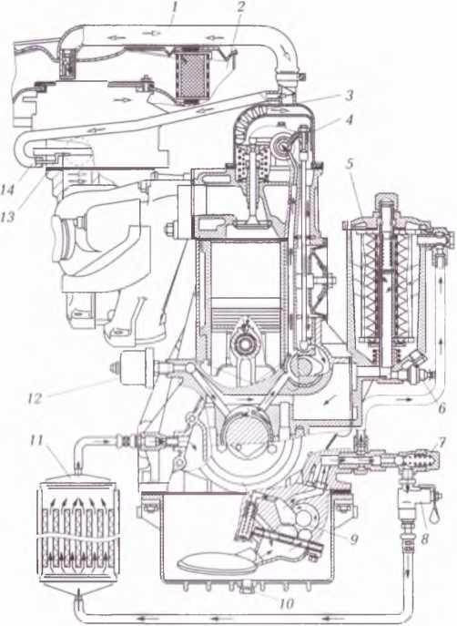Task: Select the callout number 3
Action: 350,96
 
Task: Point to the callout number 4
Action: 350,119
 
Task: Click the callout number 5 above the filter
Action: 350,165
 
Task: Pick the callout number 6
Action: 441,407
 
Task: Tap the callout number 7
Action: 442,442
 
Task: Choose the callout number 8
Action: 424,539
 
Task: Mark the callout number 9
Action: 354,539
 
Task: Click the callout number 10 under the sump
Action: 286,603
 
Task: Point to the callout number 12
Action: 36,398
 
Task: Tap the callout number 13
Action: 9,217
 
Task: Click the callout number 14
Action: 9,190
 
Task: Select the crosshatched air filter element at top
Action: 192,76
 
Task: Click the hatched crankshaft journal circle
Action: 242,432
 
